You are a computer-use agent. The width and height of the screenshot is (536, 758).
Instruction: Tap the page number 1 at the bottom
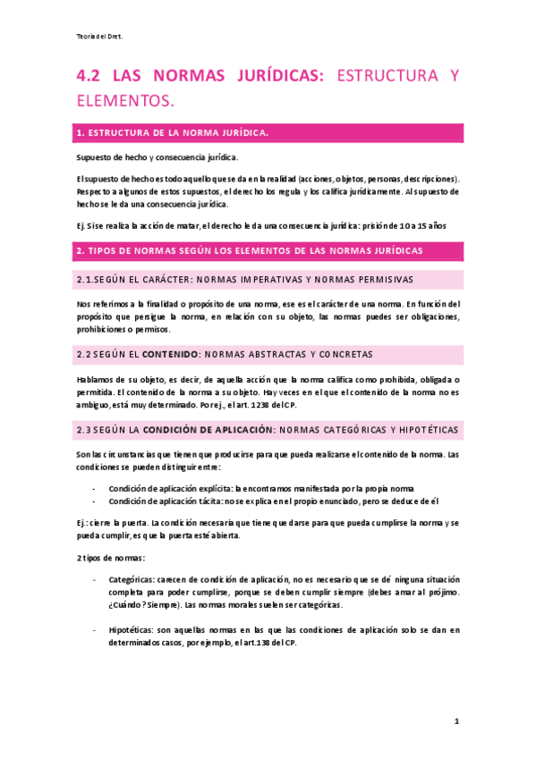456,720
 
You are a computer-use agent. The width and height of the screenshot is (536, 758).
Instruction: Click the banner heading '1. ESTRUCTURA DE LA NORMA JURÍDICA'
172,133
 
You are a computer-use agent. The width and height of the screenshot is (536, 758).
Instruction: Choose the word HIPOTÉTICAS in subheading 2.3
421,430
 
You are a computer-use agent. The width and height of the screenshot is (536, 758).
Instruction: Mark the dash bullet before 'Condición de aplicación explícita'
96,489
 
